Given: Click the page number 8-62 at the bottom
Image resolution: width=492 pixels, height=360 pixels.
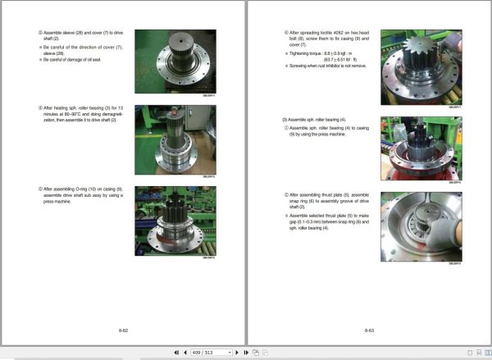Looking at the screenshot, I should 123,330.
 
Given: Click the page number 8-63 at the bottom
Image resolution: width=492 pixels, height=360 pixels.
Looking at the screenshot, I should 369,330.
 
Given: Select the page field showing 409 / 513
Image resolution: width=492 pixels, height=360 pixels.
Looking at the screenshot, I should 210,352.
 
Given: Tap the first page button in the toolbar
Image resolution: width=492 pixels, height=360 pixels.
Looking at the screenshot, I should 175,352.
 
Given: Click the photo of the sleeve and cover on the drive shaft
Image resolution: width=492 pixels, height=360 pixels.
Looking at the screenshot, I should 175,61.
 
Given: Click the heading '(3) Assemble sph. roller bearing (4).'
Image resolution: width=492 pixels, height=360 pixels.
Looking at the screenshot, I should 307,119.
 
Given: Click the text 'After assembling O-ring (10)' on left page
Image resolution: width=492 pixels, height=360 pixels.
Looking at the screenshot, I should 70,189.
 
